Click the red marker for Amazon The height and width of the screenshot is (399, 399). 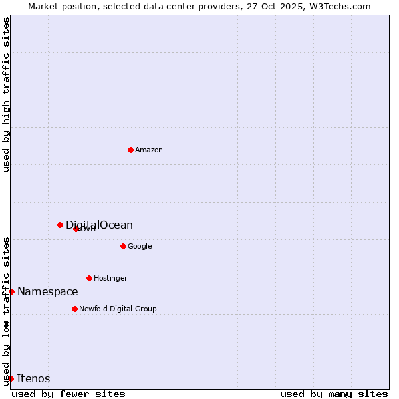tap(130, 150)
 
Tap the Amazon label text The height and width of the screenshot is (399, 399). tap(149, 150)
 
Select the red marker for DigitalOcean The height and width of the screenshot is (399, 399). tap(60, 225)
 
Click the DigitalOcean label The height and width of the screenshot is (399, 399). tap(99, 225)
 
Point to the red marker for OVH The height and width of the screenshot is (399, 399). tap(76, 229)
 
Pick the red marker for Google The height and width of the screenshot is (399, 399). tap(123, 246)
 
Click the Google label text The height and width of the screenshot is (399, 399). tap(140, 247)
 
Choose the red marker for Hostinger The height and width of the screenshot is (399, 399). tap(89, 278)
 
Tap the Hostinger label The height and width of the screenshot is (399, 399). tap(110, 279)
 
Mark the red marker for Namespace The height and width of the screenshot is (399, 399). tap(11, 291)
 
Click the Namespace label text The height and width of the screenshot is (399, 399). tap(47, 292)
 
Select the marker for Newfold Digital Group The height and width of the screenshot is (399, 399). tap(74, 309)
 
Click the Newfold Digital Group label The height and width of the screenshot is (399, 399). tap(118, 309)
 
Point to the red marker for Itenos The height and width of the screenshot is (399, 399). tap(11, 378)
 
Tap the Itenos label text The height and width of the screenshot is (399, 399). tap(33, 379)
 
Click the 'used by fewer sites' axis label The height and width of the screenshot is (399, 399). tap(68, 394)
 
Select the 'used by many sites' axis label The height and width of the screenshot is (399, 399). tap(334, 394)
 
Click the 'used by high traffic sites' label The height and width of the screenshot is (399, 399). tap(6, 94)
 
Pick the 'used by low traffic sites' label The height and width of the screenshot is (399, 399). tap(6, 311)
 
